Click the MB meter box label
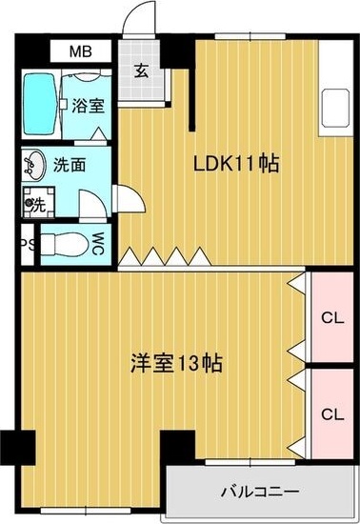click(81, 51)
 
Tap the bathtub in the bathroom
click(39, 104)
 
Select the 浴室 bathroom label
click(89, 106)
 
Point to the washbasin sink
click(34, 165)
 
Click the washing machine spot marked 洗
click(38, 203)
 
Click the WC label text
click(98, 244)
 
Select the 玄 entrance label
click(142, 71)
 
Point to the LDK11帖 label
click(236, 163)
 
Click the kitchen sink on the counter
click(335, 108)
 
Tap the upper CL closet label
click(332, 318)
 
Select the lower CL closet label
click(332, 414)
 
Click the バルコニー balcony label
click(260, 492)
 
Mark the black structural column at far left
click(18, 448)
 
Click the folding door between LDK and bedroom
click(165, 256)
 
